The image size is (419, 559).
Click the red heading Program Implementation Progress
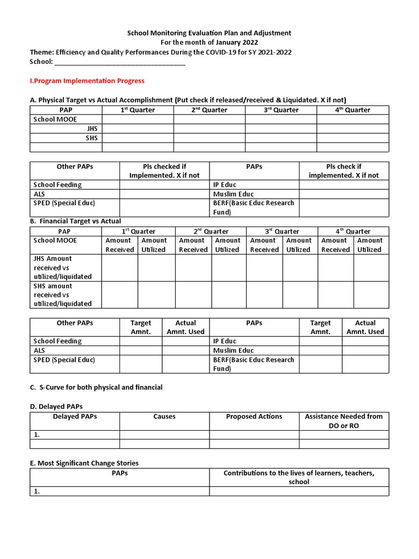tap(87, 81)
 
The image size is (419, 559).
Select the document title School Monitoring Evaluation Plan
tap(209, 33)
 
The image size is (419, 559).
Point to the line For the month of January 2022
tap(209, 43)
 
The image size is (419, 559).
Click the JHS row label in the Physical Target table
tap(92, 128)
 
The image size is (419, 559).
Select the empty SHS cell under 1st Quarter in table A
tap(137, 138)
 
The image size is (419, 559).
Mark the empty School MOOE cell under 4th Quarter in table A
tap(352, 119)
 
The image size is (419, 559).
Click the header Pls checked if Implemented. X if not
tap(164, 171)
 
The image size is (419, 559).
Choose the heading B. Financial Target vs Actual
tap(75, 221)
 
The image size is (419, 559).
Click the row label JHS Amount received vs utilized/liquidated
tap(62, 267)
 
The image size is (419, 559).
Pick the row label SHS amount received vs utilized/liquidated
tap(62, 295)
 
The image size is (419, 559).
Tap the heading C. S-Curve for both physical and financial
tap(96, 388)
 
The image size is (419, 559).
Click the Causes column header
tap(164, 417)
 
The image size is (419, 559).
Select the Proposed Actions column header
tap(254, 417)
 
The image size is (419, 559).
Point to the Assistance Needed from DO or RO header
tap(344, 421)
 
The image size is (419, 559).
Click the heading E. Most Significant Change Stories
tap(84, 463)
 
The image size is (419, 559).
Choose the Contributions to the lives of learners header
tap(299, 478)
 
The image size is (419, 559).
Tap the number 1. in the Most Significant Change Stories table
tap(37, 491)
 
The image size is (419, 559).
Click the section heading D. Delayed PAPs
tap(56, 406)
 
